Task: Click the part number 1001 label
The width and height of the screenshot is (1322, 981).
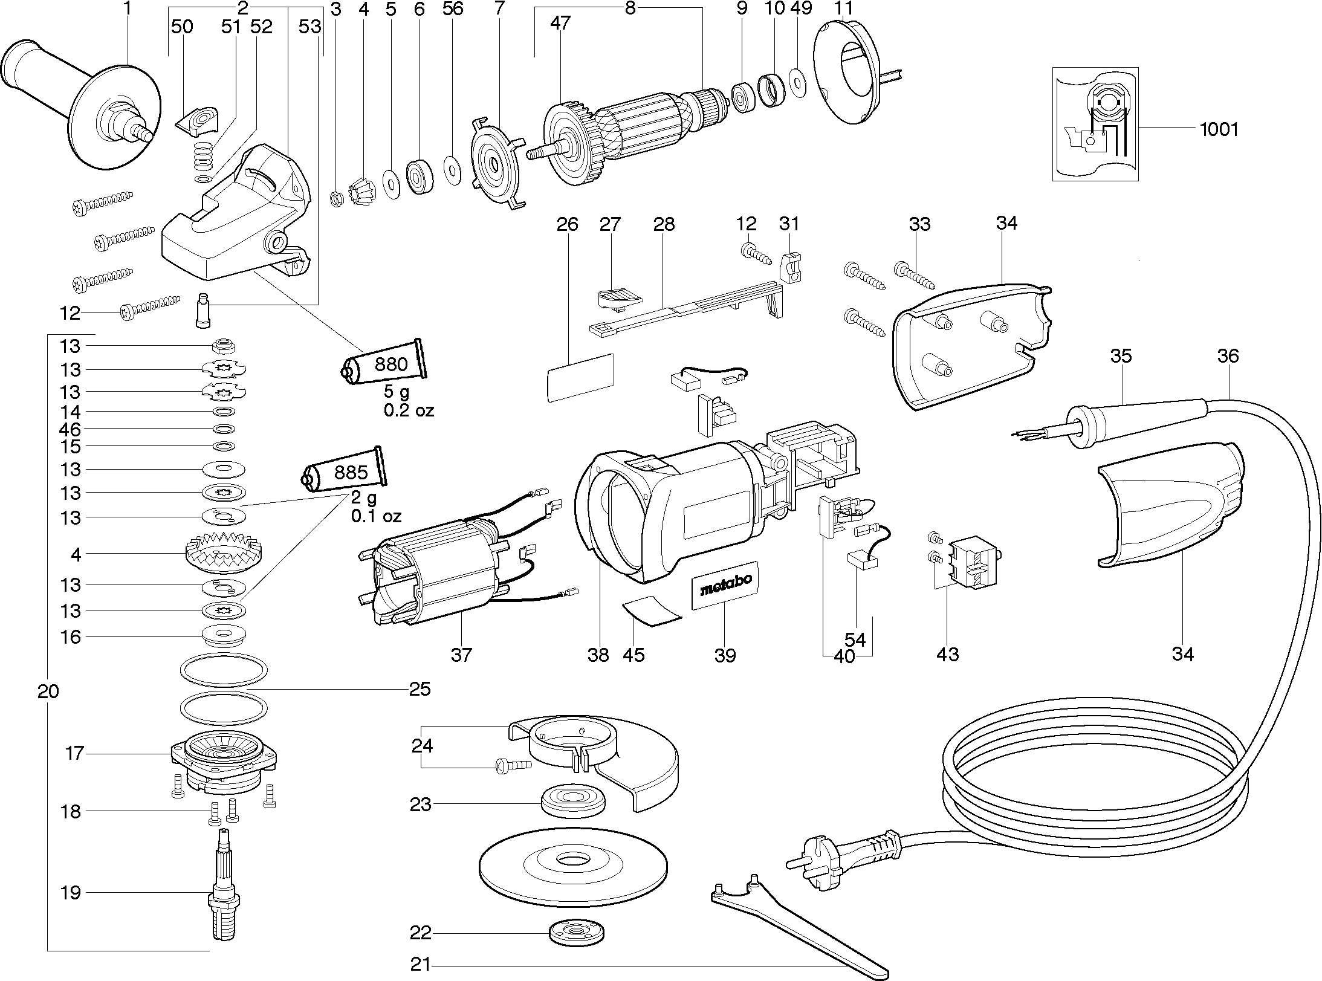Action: (1219, 129)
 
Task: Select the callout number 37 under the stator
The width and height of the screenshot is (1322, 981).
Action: (461, 654)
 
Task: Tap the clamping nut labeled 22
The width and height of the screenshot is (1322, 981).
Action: (577, 933)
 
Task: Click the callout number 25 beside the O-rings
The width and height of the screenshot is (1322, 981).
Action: (420, 688)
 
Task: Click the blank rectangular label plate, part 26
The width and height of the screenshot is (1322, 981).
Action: (580, 377)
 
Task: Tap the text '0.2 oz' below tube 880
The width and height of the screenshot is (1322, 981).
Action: (409, 410)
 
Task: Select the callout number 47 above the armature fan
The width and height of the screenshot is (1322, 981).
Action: (560, 24)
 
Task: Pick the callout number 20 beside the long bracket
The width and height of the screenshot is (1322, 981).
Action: (48, 691)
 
